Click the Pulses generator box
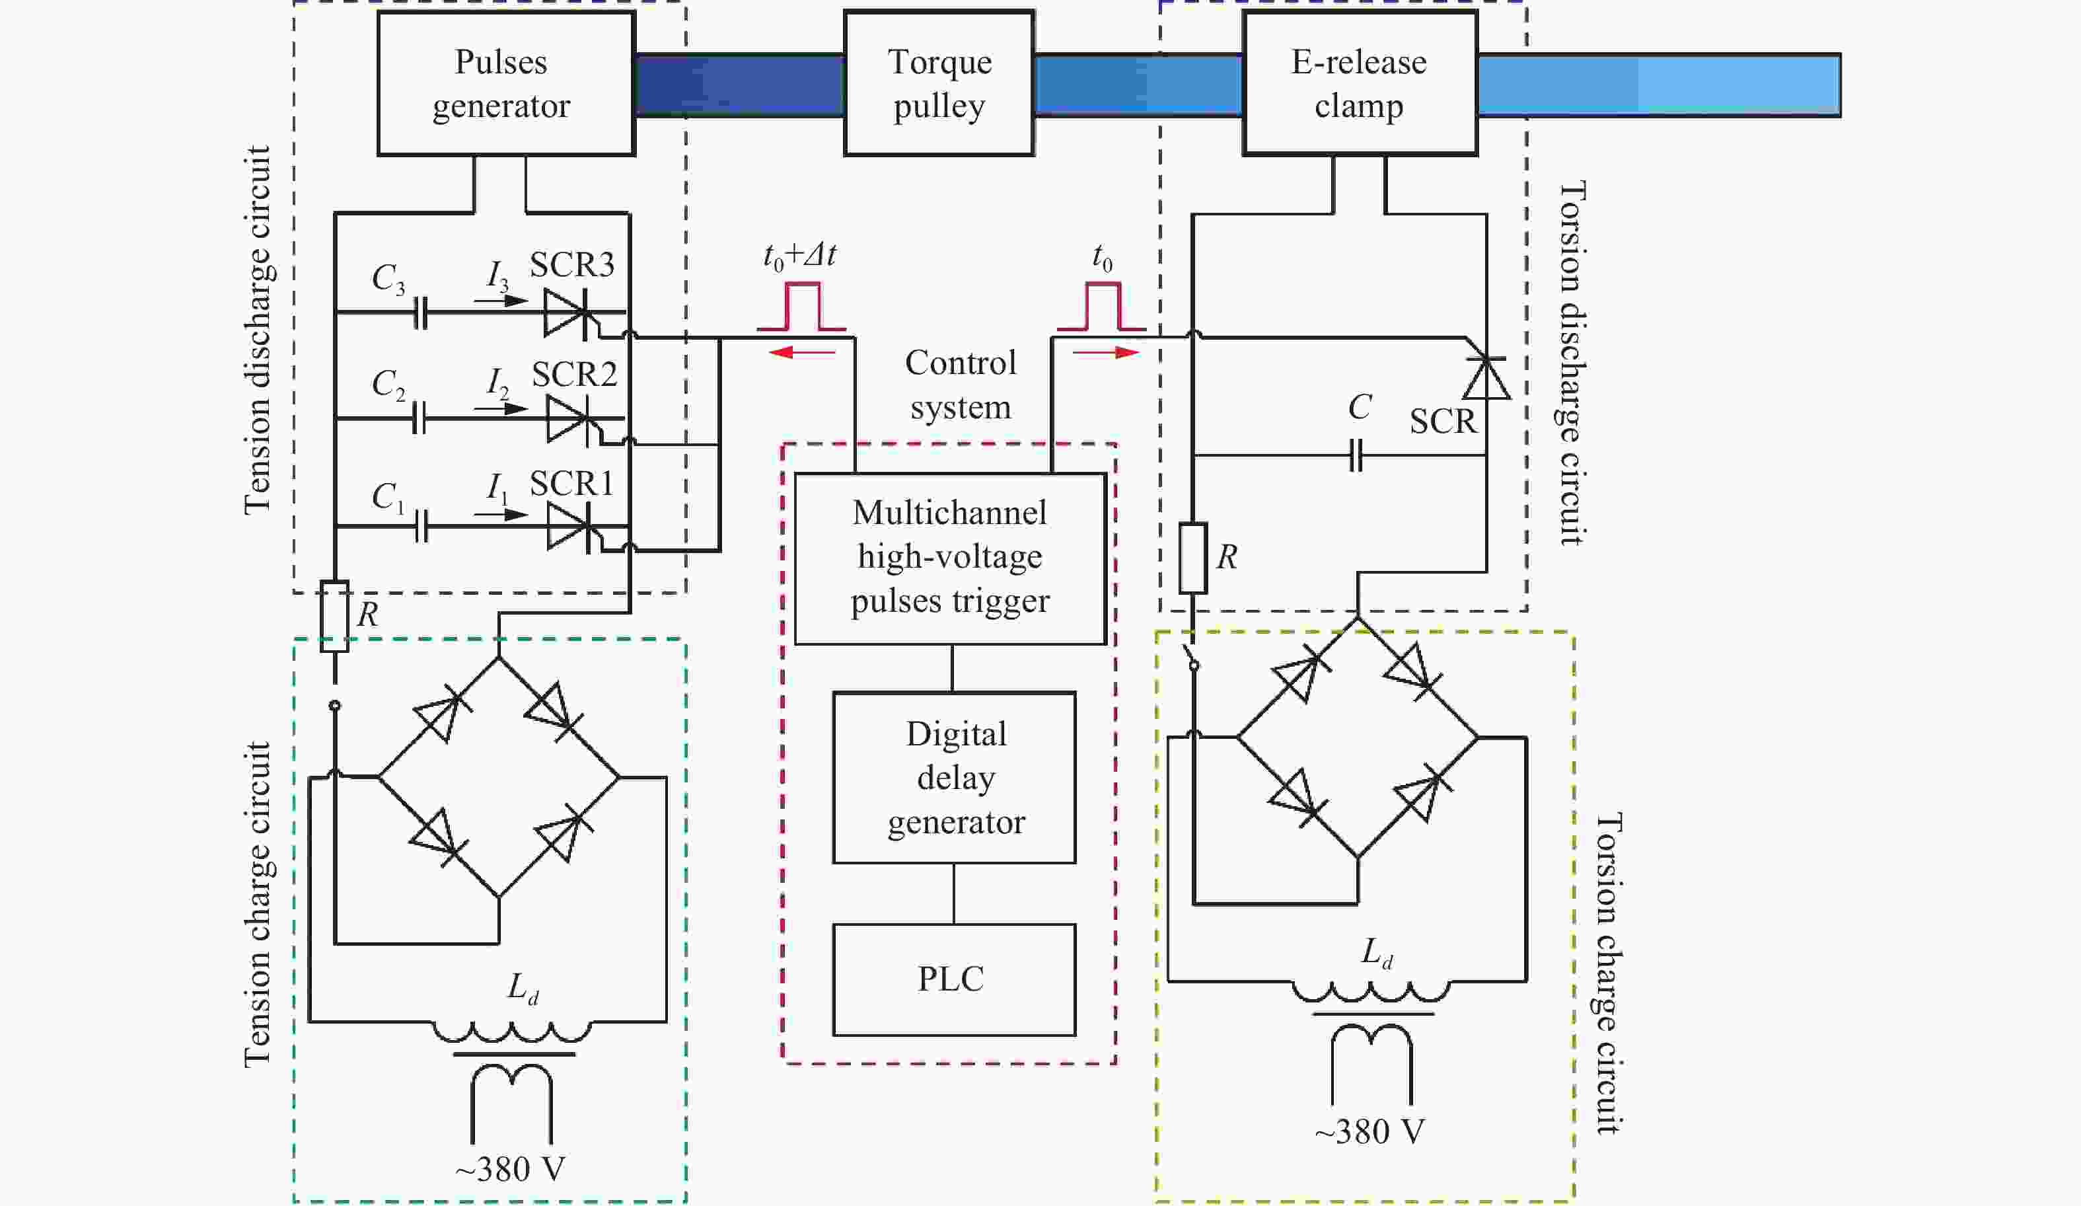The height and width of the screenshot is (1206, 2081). coord(505,83)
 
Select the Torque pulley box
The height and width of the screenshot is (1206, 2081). coord(939,83)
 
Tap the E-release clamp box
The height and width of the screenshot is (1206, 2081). coord(1360,83)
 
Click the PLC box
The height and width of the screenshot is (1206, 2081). coord(954,979)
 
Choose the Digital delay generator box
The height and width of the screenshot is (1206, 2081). coord(954,777)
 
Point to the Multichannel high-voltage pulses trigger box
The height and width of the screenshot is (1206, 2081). coord(950,558)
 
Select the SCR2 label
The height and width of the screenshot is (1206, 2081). coord(574,374)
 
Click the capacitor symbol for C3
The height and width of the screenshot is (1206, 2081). coord(420,312)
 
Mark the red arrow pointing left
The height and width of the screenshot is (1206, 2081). coord(801,353)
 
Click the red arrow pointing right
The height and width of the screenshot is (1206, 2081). coord(1107,353)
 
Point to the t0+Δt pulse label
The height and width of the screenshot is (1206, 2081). coord(799,256)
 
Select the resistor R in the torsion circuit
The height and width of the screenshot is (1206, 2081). coord(1192,558)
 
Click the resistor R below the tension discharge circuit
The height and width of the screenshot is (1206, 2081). coord(334,616)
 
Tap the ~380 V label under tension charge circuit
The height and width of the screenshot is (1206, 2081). coord(510,1169)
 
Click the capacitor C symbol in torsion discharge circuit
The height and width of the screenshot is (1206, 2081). coord(1355,455)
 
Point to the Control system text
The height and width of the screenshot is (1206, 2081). coord(961,385)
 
